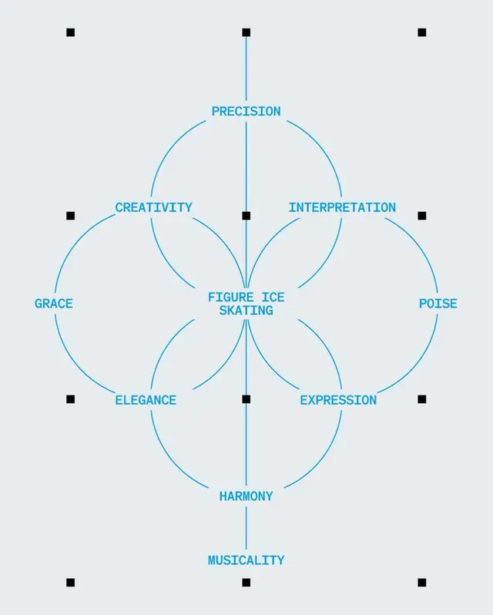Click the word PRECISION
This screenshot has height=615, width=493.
point(246,112)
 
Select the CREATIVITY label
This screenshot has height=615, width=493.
point(153,207)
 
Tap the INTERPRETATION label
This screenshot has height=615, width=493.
point(342,207)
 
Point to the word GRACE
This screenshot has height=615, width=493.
point(54,304)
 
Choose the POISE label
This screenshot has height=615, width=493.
point(438,304)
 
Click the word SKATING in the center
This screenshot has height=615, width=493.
point(246,311)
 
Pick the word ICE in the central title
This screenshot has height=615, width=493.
point(273,297)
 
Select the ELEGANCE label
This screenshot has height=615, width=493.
point(146,400)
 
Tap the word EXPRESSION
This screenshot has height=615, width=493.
point(338,400)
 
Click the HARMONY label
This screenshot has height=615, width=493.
point(246,496)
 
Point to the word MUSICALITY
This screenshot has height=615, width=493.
point(246,560)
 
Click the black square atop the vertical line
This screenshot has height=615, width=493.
point(246,32)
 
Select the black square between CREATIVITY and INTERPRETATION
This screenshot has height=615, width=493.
point(246,216)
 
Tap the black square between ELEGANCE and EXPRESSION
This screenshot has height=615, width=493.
point(246,399)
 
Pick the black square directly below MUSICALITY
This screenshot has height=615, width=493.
point(246,583)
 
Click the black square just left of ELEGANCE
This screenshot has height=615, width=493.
point(71,399)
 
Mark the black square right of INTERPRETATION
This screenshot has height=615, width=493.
point(422,216)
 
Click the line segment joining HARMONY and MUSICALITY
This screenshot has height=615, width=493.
point(246,528)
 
